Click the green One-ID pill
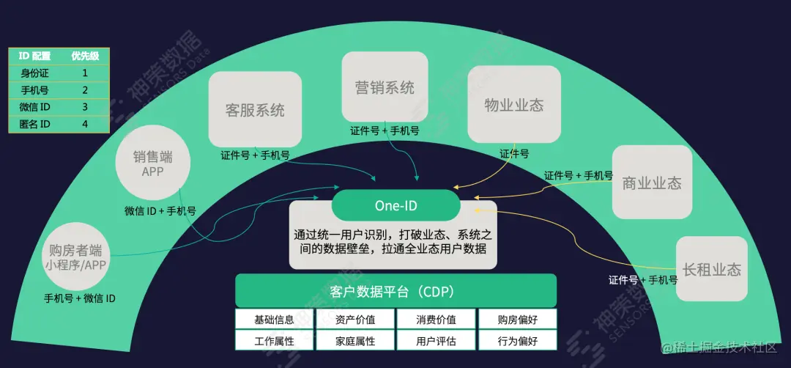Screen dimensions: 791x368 point(395,205)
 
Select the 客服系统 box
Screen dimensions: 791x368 point(255,109)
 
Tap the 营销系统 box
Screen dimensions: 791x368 point(385,87)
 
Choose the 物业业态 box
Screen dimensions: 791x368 point(514,104)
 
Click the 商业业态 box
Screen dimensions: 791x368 point(652,182)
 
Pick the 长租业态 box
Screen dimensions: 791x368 point(711,269)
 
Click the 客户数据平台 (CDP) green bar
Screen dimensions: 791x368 point(395,291)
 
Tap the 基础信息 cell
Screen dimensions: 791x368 point(274,320)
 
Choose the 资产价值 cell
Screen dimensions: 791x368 point(355,320)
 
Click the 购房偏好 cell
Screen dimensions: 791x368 point(517,320)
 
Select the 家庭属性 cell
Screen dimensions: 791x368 point(355,341)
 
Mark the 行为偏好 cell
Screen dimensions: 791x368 point(517,341)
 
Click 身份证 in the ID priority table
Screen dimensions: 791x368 point(34,73)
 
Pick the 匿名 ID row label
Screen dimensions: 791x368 point(34,124)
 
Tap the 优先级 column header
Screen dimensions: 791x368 point(85,56)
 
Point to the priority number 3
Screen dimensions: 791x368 point(85,107)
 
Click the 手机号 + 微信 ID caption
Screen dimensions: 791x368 point(79,298)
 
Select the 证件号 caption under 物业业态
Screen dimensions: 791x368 point(514,154)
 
